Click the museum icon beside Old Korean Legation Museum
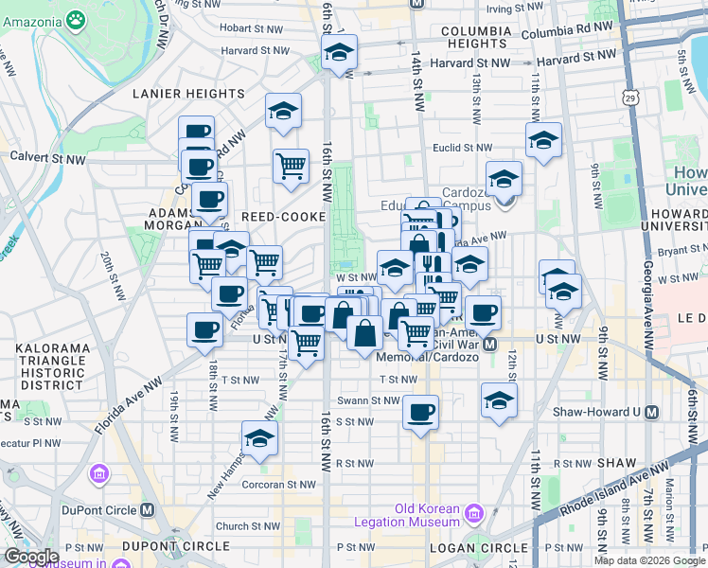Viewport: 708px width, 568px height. point(473,514)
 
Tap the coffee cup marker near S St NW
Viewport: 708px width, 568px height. point(420,412)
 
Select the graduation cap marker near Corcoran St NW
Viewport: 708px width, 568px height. point(259,437)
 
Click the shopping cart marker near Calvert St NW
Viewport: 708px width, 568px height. point(291,166)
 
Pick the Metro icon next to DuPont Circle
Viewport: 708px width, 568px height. point(148,508)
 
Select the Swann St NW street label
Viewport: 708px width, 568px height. point(372,400)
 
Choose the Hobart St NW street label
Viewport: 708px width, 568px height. point(251,29)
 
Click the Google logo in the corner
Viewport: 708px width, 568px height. point(30,557)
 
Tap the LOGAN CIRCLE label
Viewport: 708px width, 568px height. point(478,548)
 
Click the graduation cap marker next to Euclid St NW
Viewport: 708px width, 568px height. point(543,140)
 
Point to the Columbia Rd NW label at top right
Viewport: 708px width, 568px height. point(567,30)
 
